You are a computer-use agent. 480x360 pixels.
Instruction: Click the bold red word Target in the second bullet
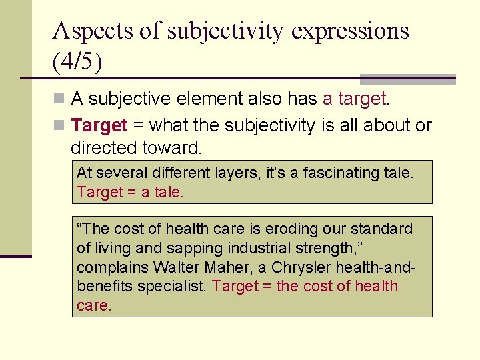(99, 125)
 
